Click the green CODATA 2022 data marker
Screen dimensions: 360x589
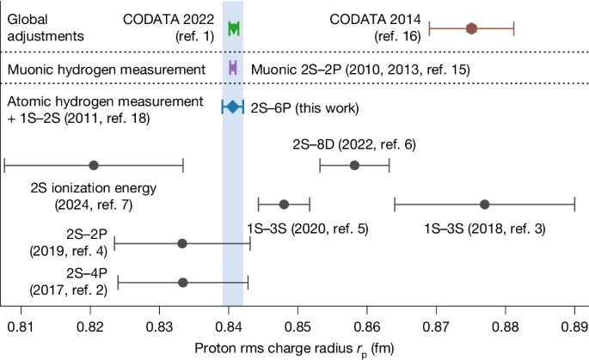pyautogui.click(x=234, y=28)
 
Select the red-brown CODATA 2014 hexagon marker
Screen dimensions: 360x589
pyautogui.click(x=471, y=28)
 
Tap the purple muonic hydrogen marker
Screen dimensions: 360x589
pyautogui.click(x=232, y=67)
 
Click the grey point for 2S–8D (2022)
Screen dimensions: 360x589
pyautogui.click(x=354, y=165)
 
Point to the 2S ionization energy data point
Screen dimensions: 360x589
pyautogui.click(x=94, y=165)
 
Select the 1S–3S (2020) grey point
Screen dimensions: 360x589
pyautogui.click(x=284, y=204)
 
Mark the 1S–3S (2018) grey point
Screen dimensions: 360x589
pyautogui.click(x=485, y=204)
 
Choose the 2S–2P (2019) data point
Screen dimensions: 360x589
pyautogui.click(x=182, y=243)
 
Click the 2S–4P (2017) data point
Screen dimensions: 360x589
pyautogui.click(x=182, y=282)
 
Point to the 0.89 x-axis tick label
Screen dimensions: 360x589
pyautogui.click(x=574, y=326)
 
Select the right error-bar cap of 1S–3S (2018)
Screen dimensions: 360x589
pyautogui.click(x=574, y=204)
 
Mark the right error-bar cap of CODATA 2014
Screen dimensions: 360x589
pyautogui.click(x=513, y=28)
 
